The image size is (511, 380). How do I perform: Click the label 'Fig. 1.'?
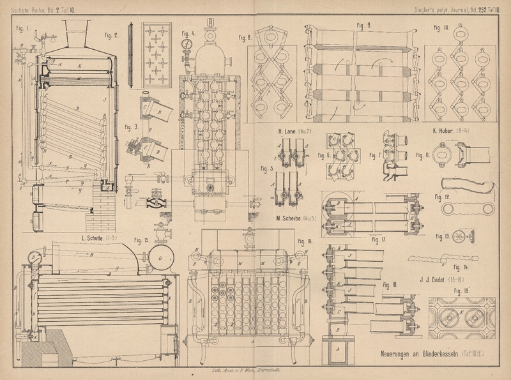[x=23, y=28]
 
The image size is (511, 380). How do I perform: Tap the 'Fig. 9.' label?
[x=365, y=25]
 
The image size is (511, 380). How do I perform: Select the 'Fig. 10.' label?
[x=441, y=28]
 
